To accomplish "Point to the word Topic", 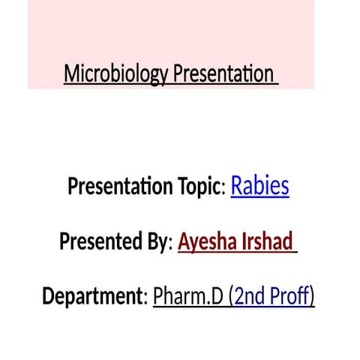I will point(193,186).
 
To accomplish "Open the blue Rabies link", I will point(259,185).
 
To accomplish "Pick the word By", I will point(158,241).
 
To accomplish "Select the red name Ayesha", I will point(208,241).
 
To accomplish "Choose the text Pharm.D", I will point(188,297).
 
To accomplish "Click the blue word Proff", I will point(291,297).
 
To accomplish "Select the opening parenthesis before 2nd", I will point(232,298).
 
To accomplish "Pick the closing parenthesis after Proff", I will point(311,298).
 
